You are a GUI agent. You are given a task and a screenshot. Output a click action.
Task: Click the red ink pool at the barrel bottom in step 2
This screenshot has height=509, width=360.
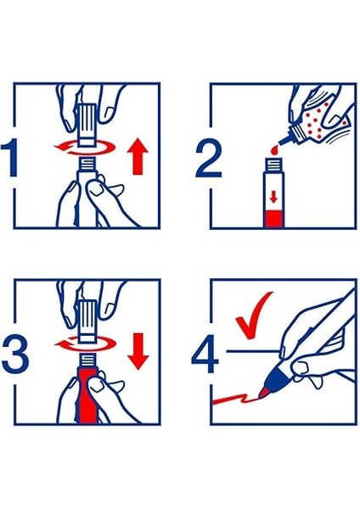point(272,221)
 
